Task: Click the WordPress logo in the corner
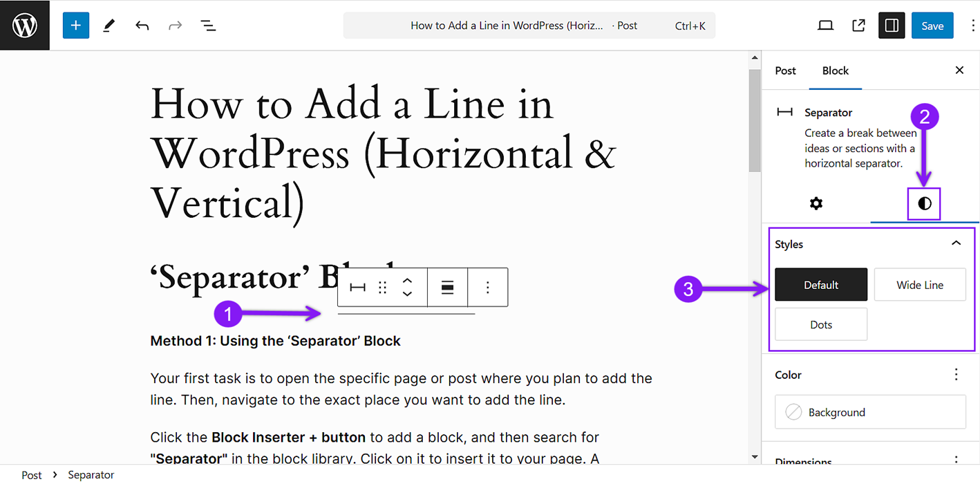(x=25, y=26)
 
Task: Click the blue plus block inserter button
(x=76, y=26)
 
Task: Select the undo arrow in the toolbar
(x=142, y=26)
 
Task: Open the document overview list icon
(x=208, y=26)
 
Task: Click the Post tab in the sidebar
(x=785, y=71)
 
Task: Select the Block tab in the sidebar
(x=835, y=71)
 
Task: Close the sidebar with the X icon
(x=959, y=70)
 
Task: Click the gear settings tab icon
(x=816, y=203)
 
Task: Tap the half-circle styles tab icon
(x=925, y=203)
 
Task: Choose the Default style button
(x=821, y=285)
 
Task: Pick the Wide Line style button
(x=920, y=285)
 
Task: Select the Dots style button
(x=821, y=325)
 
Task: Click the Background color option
(x=870, y=412)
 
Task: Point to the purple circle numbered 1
(x=228, y=314)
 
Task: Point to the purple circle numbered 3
(x=688, y=289)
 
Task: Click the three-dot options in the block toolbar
(x=488, y=287)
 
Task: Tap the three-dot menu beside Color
(x=957, y=375)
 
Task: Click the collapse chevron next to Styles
(x=957, y=243)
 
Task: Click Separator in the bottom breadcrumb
(x=91, y=475)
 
